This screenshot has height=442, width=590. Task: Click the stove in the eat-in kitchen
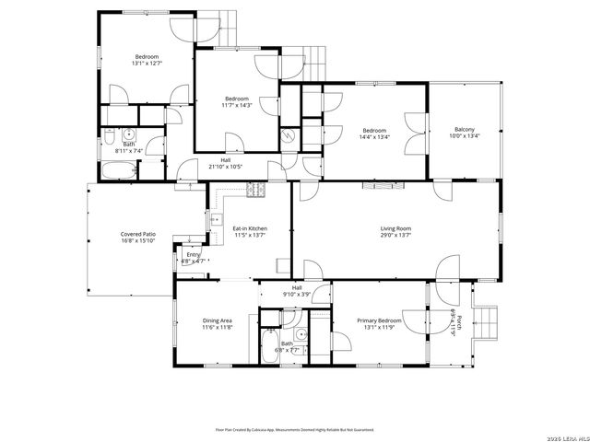(x=255, y=191)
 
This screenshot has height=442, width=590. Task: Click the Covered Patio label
(x=137, y=235)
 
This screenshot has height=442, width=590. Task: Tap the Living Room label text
(x=395, y=228)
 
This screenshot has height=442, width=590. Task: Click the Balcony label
(x=465, y=130)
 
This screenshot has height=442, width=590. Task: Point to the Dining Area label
(x=218, y=320)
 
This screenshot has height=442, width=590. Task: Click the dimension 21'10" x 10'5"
(x=225, y=167)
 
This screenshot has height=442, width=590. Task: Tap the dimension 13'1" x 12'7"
(x=147, y=64)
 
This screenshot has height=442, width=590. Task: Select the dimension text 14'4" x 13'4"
(x=373, y=137)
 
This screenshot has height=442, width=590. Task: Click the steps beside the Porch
(x=486, y=321)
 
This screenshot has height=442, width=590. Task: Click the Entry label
(x=193, y=255)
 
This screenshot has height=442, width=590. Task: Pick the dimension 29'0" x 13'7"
(x=395, y=236)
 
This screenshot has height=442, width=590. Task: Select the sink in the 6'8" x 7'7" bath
(x=301, y=335)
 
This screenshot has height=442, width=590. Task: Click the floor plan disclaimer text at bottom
(x=294, y=429)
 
